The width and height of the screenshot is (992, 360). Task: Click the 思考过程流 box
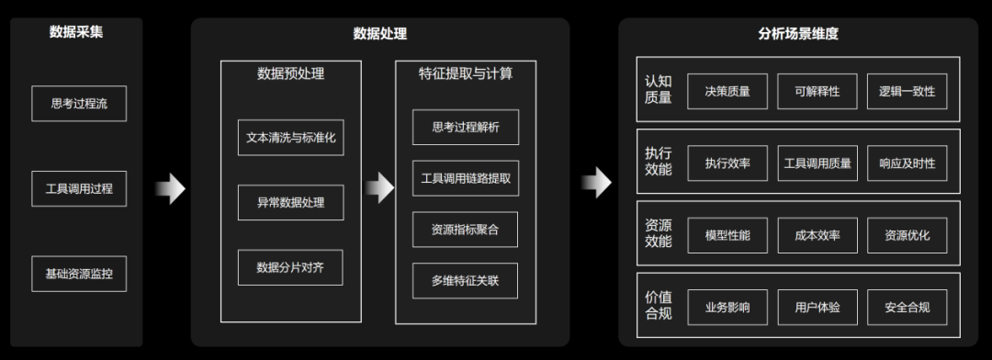pos(78,104)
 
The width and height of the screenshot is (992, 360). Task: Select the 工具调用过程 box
pos(78,188)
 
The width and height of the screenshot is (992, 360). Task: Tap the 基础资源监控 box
pos(78,274)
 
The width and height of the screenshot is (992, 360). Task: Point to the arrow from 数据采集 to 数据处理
pos(170,188)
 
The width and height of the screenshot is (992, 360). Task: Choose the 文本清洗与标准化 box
pos(290,137)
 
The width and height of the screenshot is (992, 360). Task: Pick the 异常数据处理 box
pos(290,202)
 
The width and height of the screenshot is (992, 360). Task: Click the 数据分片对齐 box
pos(290,267)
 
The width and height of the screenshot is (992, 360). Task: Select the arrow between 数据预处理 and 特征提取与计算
pos(378,188)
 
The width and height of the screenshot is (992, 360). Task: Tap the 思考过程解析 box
pos(466,128)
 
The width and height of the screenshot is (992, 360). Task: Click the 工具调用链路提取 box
pos(466,178)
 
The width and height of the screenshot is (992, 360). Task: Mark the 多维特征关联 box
pos(466,280)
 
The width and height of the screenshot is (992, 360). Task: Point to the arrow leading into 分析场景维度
pos(596,182)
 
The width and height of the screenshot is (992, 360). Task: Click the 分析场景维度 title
pos(797,35)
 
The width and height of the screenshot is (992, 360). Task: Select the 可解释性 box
pos(817,91)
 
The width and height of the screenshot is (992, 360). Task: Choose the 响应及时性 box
pos(907,163)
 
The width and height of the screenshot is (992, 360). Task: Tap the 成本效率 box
pos(817,235)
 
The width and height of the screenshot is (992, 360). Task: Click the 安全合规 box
pos(907,307)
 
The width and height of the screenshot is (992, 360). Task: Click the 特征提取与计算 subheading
pos(466,73)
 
